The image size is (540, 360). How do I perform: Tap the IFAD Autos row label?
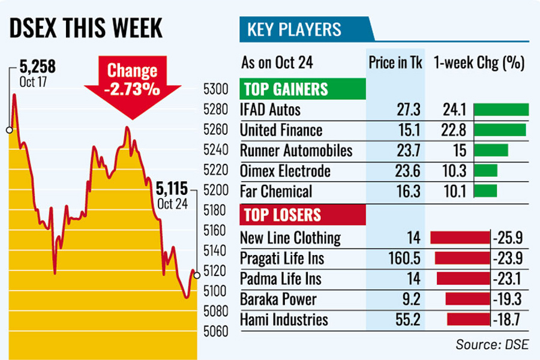(x=270, y=110)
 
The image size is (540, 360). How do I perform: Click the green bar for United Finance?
(x=499, y=130)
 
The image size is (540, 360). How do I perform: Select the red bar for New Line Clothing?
(x=460, y=238)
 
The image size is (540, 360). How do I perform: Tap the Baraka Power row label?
(x=278, y=299)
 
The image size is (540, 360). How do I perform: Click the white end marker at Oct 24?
(x=197, y=275)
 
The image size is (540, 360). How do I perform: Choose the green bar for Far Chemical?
(x=485, y=191)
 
